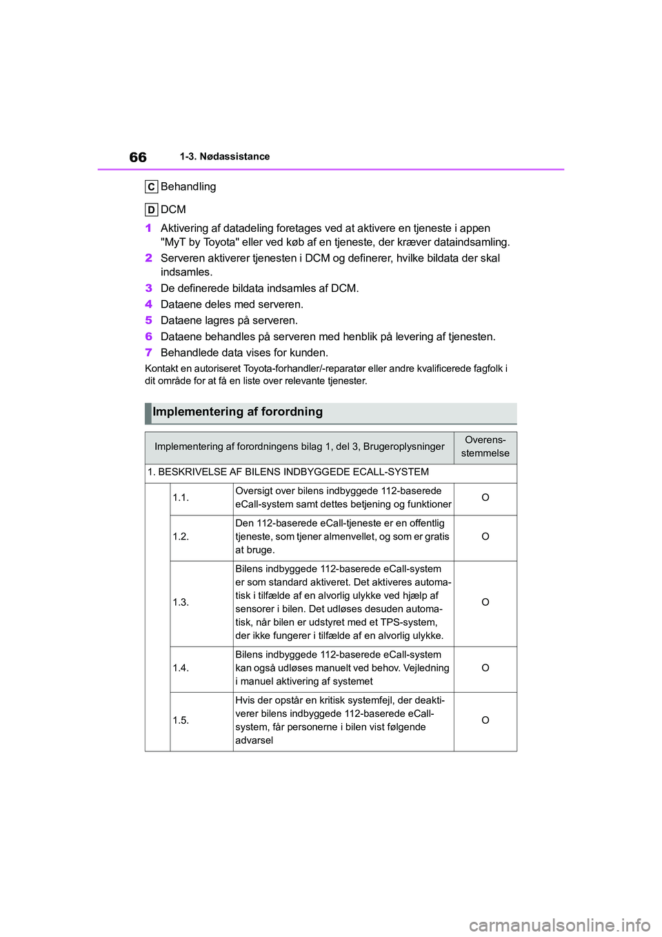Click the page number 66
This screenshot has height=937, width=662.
click(x=138, y=157)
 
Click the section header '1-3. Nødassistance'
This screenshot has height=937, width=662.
click(x=225, y=157)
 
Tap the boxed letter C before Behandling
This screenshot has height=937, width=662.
click(x=151, y=187)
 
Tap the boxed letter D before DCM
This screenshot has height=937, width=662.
click(x=151, y=210)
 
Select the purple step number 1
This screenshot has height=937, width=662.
click(x=148, y=228)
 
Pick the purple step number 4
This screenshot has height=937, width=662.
click(x=148, y=304)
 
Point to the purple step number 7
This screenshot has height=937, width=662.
click(x=148, y=353)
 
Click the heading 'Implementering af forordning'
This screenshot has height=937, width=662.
click(x=237, y=412)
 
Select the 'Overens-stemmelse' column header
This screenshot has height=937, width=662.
click(x=485, y=446)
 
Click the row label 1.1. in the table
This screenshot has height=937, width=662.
click(x=181, y=497)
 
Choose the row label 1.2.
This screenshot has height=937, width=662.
click(x=181, y=537)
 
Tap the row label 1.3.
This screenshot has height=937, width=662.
click(x=181, y=602)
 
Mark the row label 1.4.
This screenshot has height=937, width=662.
click(x=181, y=668)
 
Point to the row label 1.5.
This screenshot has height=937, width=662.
click(x=181, y=720)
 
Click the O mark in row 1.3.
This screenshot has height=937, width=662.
click(x=485, y=602)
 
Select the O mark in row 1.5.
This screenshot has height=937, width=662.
click(x=485, y=720)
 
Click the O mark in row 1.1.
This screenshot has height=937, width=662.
click(x=485, y=497)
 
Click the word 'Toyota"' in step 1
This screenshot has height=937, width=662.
click(x=221, y=242)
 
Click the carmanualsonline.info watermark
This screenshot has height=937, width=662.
click(x=559, y=925)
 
